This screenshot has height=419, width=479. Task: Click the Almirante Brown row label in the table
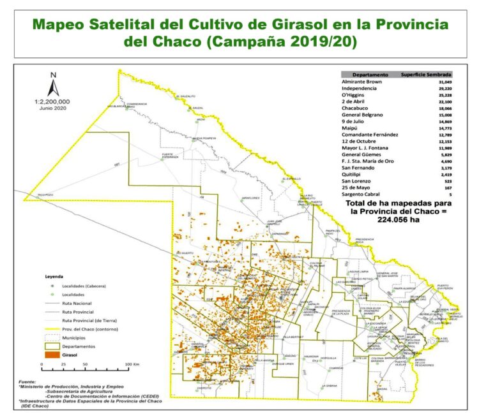pyautogui.click(x=363, y=82)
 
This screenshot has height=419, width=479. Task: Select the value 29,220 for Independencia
pyautogui.click(x=443, y=89)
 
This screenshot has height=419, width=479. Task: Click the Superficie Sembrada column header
pyautogui.click(x=427, y=74)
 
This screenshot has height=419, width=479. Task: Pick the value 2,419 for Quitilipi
pyautogui.click(x=445, y=175)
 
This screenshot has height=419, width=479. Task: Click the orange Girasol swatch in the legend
pyautogui.click(x=50, y=353)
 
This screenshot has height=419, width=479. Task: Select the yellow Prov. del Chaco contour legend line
pyautogui.click(x=50, y=327)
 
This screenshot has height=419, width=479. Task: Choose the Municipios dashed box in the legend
pyautogui.click(x=50, y=335)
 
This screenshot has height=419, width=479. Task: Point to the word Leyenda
pyautogui.click(x=54, y=277)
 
